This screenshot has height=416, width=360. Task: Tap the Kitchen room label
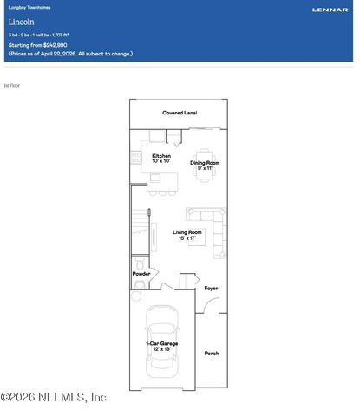click(x=160, y=159)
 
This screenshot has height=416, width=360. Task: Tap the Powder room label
click(x=141, y=274)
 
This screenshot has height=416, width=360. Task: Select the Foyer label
click(x=211, y=288)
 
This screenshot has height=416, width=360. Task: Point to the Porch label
click(x=211, y=353)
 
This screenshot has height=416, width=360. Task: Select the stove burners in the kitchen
click(x=136, y=157)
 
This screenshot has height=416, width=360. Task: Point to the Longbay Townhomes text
click(x=27, y=8)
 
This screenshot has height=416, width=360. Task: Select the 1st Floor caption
click(x=11, y=86)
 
